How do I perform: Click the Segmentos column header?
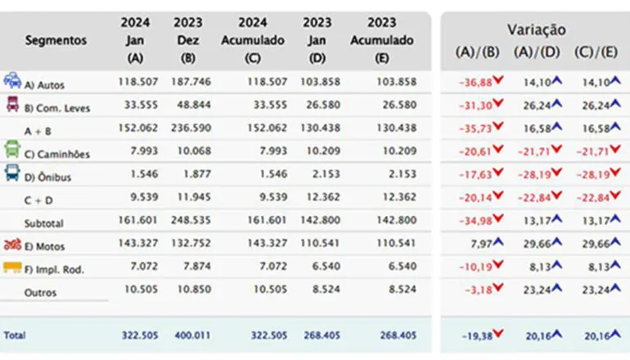[56, 40]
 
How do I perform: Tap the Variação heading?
[536, 29]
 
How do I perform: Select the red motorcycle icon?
[12, 245]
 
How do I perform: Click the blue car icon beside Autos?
[12, 81]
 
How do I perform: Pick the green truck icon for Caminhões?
[12, 150]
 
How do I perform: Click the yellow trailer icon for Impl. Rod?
[12, 268]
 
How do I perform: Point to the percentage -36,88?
[475, 83]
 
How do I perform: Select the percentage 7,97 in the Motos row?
[481, 245]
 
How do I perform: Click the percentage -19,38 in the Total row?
[475, 335]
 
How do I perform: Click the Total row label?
[15, 335]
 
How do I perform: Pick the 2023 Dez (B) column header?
[189, 40]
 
